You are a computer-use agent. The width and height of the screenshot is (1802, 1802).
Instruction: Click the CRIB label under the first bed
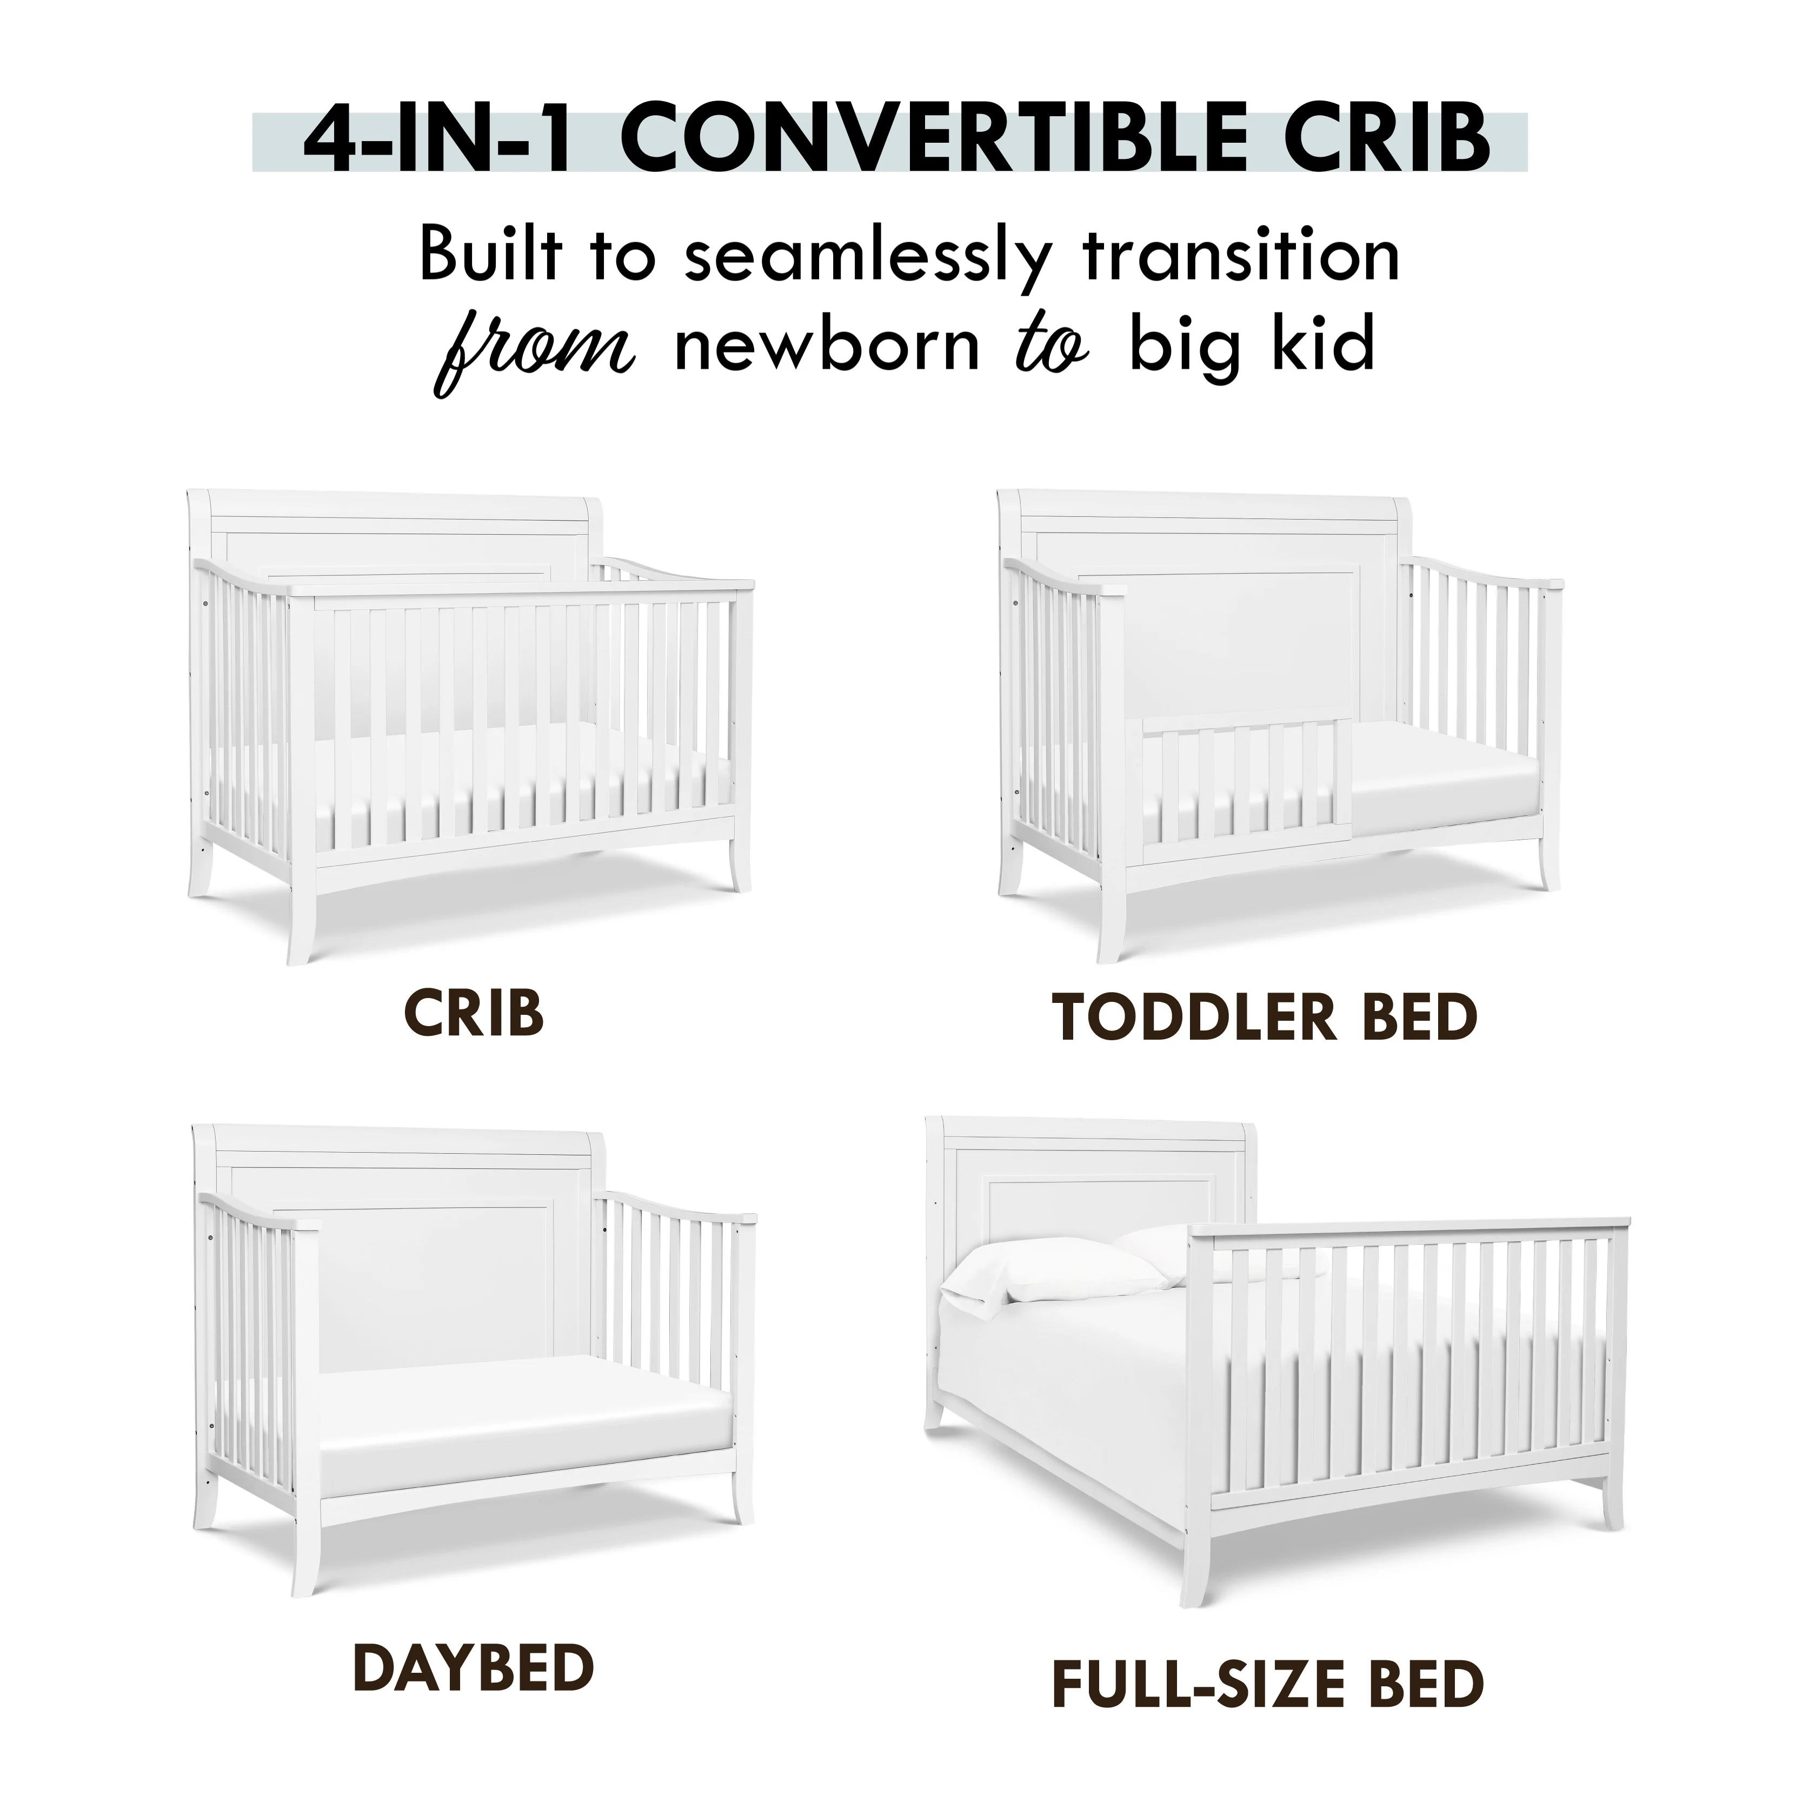click(474, 1015)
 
